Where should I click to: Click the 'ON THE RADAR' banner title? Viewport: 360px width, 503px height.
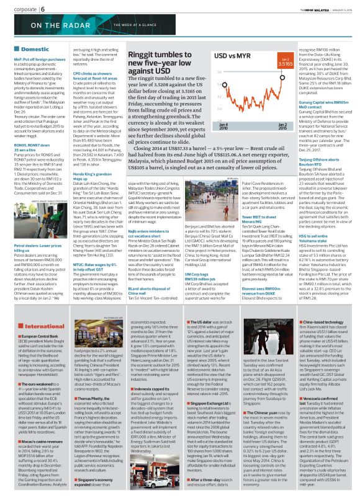click(x=43, y=24)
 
